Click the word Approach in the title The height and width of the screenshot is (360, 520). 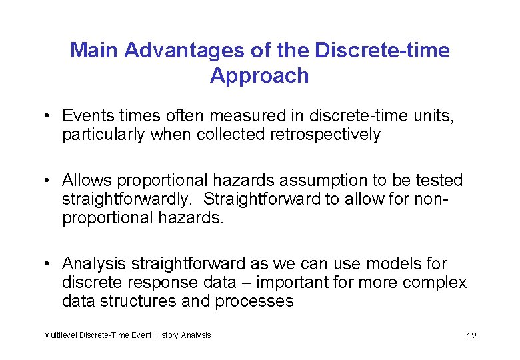(x=259, y=75)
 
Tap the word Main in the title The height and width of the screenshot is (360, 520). (x=95, y=50)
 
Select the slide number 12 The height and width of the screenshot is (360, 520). (x=471, y=336)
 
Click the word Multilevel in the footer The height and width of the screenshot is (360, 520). (x=61, y=335)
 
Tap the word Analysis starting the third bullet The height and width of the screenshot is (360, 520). (x=91, y=264)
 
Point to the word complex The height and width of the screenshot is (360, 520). (x=435, y=283)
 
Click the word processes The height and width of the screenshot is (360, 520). (x=254, y=301)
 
